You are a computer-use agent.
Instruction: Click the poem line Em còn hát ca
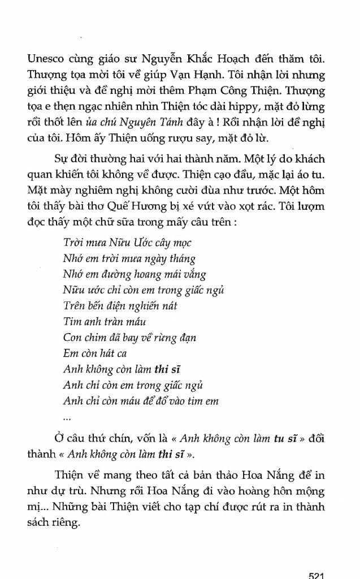click(94, 353)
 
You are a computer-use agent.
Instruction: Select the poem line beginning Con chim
click(129, 338)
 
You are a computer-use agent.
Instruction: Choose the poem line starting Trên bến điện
click(120, 306)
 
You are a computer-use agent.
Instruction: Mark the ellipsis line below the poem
click(67, 418)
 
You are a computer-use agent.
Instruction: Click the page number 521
click(316, 575)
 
